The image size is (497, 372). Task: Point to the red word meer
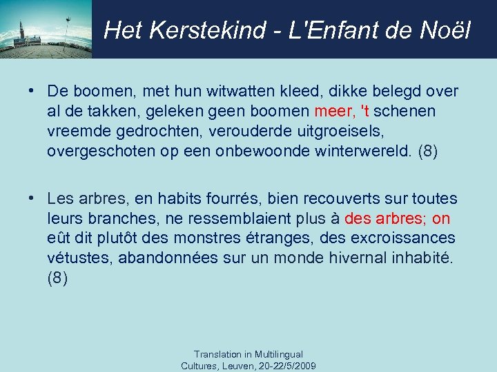[335, 111]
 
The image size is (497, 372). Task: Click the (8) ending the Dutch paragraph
[428, 150]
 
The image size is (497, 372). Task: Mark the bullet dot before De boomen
[33, 92]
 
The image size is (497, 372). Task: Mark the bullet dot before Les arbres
[33, 199]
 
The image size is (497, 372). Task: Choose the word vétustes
[80, 258]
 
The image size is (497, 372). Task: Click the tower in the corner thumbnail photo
[22, 31]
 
